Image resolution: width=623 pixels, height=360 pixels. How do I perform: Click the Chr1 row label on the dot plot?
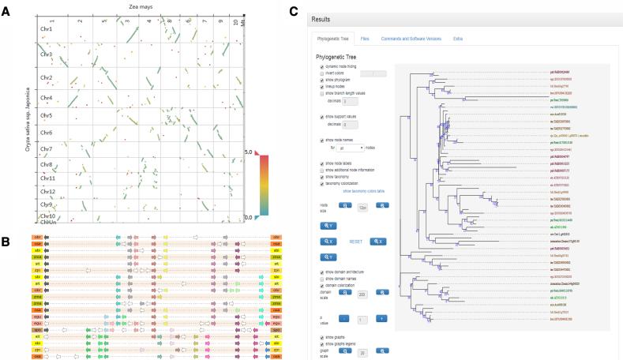pyautogui.click(x=47, y=30)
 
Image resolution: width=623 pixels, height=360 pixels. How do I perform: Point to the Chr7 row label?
pyautogui.click(x=47, y=148)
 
